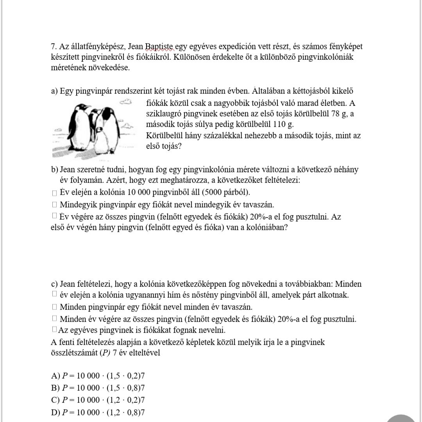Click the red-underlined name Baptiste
click(159, 47)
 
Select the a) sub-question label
click(54, 91)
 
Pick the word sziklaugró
click(164, 114)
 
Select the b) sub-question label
click(54, 170)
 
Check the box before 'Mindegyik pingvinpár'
click(54, 204)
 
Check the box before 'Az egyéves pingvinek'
click(54, 330)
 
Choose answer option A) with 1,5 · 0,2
click(98, 376)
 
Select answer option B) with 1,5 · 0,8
click(98, 388)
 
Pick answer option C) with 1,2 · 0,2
click(98, 400)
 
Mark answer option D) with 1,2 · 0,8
click(98, 411)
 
